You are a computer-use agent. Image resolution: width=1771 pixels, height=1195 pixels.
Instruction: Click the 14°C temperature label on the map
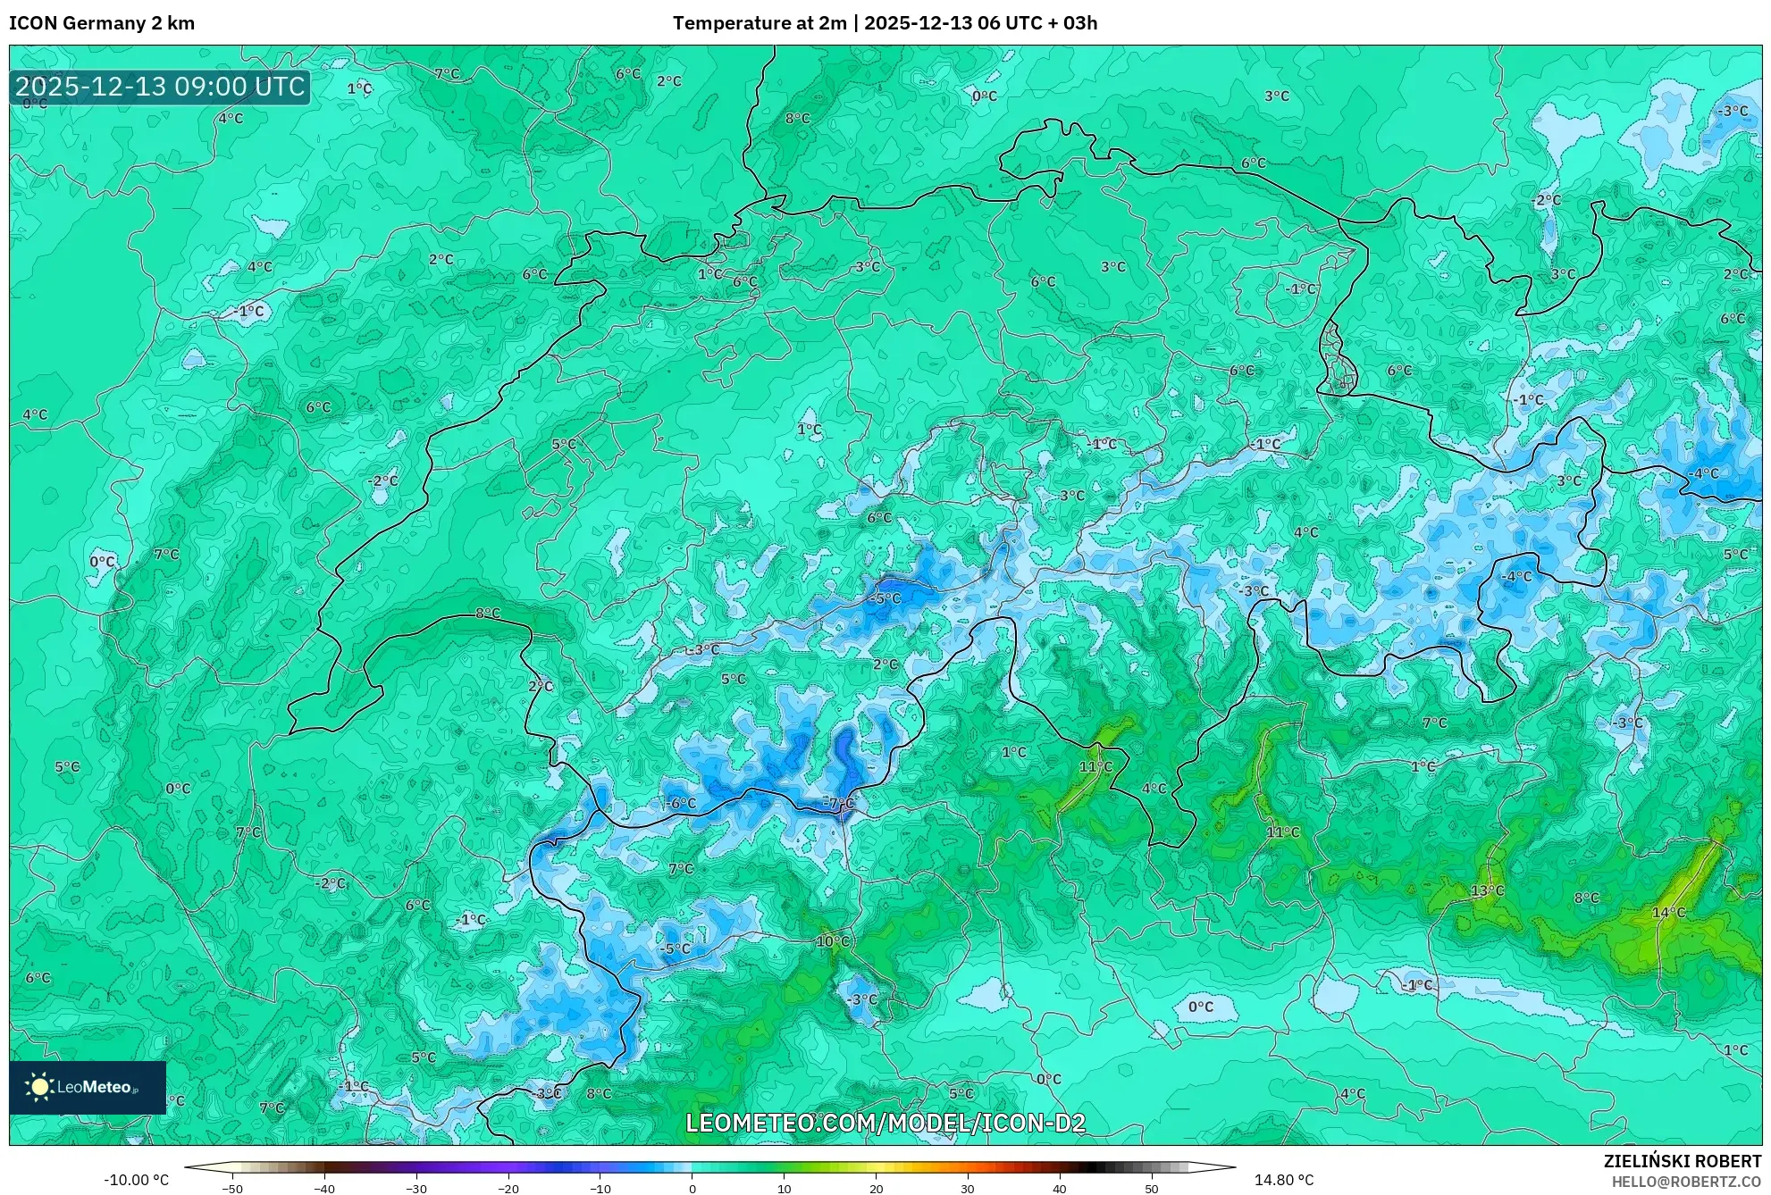pos(1668,912)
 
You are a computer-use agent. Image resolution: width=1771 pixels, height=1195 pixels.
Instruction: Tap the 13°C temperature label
pos(1487,890)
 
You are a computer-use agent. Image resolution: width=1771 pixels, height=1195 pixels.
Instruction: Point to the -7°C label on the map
pos(838,803)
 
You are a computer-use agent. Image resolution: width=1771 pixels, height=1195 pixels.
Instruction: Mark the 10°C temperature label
pos(832,941)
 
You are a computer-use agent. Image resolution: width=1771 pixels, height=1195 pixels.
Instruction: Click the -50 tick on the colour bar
pos(232,1188)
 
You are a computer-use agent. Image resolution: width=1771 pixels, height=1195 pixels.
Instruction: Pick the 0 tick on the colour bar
pos(692,1188)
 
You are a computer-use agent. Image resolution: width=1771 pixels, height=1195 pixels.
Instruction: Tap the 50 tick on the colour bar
pos(1151,1188)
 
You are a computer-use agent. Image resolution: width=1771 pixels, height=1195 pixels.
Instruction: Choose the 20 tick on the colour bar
pos(876,1188)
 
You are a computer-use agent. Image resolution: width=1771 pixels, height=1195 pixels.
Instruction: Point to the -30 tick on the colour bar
pos(416,1188)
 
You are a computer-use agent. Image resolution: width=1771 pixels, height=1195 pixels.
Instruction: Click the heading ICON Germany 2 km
pos(102,23)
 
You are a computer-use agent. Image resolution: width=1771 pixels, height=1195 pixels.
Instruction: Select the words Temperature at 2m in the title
pos(759,23)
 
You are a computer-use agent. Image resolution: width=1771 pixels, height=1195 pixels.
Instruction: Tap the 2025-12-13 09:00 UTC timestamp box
pos(160,87)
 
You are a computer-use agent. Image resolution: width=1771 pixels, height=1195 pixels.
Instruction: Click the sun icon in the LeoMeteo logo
pos(40,1087)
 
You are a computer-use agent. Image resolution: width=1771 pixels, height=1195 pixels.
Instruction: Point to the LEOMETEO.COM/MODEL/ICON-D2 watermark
pos(885,1123)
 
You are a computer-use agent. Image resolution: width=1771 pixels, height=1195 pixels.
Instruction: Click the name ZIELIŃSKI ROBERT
pos(1682,1161)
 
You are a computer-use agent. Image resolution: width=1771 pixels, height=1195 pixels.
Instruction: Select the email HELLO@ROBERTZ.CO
pos(1686,1182)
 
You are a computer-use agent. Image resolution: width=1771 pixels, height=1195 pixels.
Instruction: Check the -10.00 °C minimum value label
pos(136,1180)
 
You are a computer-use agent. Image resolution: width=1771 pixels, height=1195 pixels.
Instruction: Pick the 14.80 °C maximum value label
pos(1284,1180)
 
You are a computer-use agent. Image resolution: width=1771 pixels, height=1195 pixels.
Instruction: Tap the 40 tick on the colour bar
pos(1059,1188)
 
